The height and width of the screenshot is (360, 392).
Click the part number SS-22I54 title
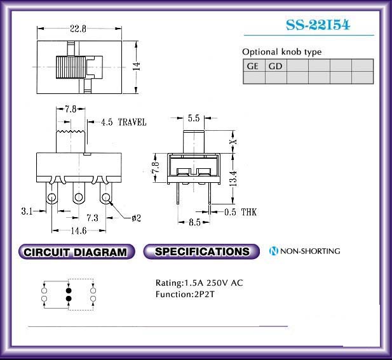318,25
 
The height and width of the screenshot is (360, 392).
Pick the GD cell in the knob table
276,65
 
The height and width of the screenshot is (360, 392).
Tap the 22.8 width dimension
78,29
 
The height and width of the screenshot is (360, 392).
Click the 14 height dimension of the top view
137,67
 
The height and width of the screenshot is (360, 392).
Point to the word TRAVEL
132,122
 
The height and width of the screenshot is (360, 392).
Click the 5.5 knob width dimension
194,118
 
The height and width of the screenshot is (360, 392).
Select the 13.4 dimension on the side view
233,178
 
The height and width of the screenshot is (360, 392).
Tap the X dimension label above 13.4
233,142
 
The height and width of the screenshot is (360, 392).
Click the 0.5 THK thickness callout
240,212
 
